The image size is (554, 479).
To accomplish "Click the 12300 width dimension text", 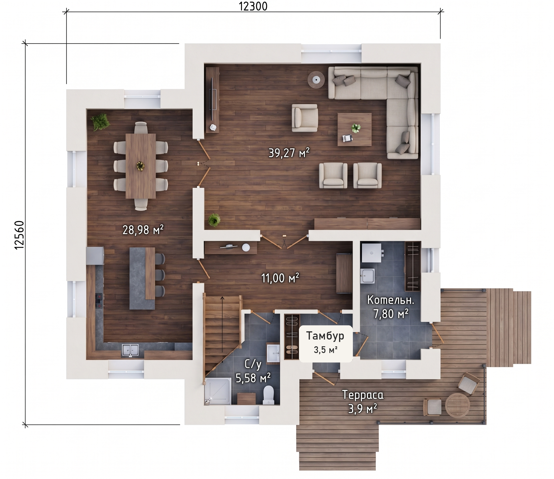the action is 253,6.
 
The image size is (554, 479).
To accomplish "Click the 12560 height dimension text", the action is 19,235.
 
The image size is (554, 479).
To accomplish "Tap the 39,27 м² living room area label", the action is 289,153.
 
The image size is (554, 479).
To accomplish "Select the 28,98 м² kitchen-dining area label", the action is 143,230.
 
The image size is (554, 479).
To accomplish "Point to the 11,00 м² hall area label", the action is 280,278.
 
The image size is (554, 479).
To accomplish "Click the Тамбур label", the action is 325,336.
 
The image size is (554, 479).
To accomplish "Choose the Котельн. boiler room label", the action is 391,300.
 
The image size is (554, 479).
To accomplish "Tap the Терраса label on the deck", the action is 363,395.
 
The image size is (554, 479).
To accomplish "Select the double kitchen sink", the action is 130,351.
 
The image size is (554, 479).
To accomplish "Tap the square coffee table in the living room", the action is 355,129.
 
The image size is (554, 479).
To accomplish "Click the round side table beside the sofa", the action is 316,79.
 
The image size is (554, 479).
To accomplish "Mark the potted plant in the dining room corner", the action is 101,122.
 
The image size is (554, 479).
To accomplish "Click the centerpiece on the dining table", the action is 140,166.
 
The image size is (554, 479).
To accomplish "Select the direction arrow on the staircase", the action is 222,329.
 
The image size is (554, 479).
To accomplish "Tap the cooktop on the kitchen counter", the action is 100,301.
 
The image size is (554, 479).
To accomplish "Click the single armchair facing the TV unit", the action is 305,118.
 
